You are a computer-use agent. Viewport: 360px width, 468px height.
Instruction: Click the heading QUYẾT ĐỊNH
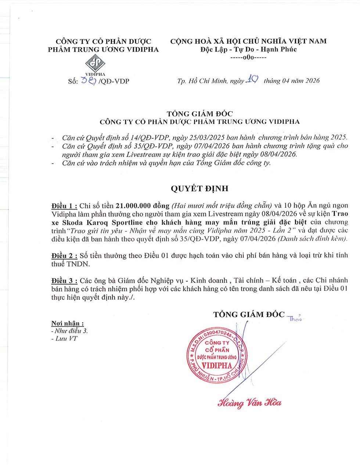[x=199, y=189]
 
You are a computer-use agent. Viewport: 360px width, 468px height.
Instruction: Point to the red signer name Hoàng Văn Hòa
[x=249, y=403]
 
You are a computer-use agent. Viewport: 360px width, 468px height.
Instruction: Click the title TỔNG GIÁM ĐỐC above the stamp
[x=249, y=314]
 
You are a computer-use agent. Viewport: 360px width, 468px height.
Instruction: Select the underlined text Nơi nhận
[x=67, y=324]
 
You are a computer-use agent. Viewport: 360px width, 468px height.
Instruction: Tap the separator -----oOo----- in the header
[x=248, y=58]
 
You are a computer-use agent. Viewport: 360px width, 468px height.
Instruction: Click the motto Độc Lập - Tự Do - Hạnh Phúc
[x=248, y=50]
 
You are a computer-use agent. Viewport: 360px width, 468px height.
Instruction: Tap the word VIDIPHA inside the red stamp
[x=217, y=366]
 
